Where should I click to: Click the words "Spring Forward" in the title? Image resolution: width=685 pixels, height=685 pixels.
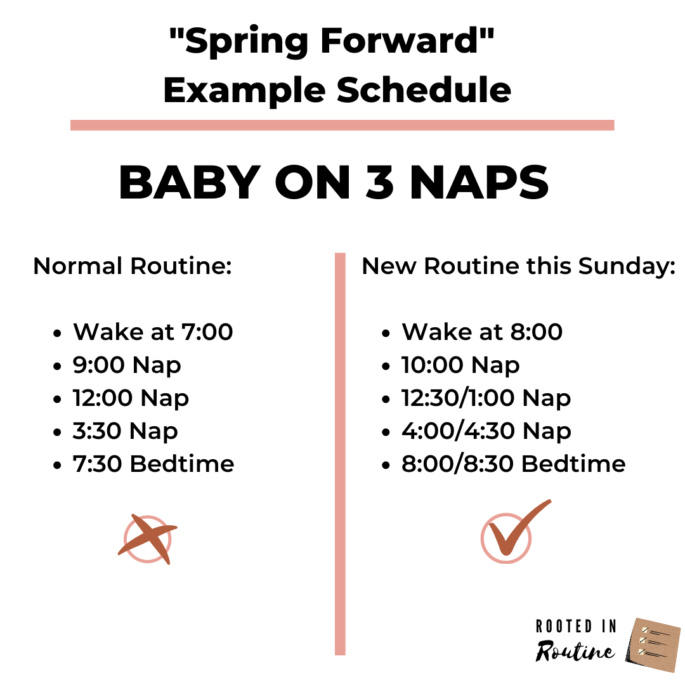332,42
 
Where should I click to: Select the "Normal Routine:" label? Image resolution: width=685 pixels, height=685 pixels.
132,266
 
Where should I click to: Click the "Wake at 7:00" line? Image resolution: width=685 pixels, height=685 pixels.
153,332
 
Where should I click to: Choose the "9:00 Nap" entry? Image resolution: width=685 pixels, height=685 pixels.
127,365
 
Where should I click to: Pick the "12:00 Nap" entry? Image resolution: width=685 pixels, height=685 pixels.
131,398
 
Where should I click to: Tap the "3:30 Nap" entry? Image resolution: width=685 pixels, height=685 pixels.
126,431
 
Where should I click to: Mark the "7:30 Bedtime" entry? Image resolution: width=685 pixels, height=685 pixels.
153,464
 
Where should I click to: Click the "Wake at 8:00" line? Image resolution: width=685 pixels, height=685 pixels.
482,332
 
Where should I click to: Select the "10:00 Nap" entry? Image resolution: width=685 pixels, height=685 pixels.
460,365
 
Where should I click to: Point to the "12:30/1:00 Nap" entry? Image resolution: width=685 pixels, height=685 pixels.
486,398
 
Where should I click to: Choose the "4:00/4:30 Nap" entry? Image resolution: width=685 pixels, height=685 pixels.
486,431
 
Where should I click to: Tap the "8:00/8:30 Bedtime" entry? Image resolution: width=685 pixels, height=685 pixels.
513,464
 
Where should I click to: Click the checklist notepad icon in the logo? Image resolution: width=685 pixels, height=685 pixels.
652,644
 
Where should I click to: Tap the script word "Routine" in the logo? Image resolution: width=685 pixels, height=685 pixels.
575,651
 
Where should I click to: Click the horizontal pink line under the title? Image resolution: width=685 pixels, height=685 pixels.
342,125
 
